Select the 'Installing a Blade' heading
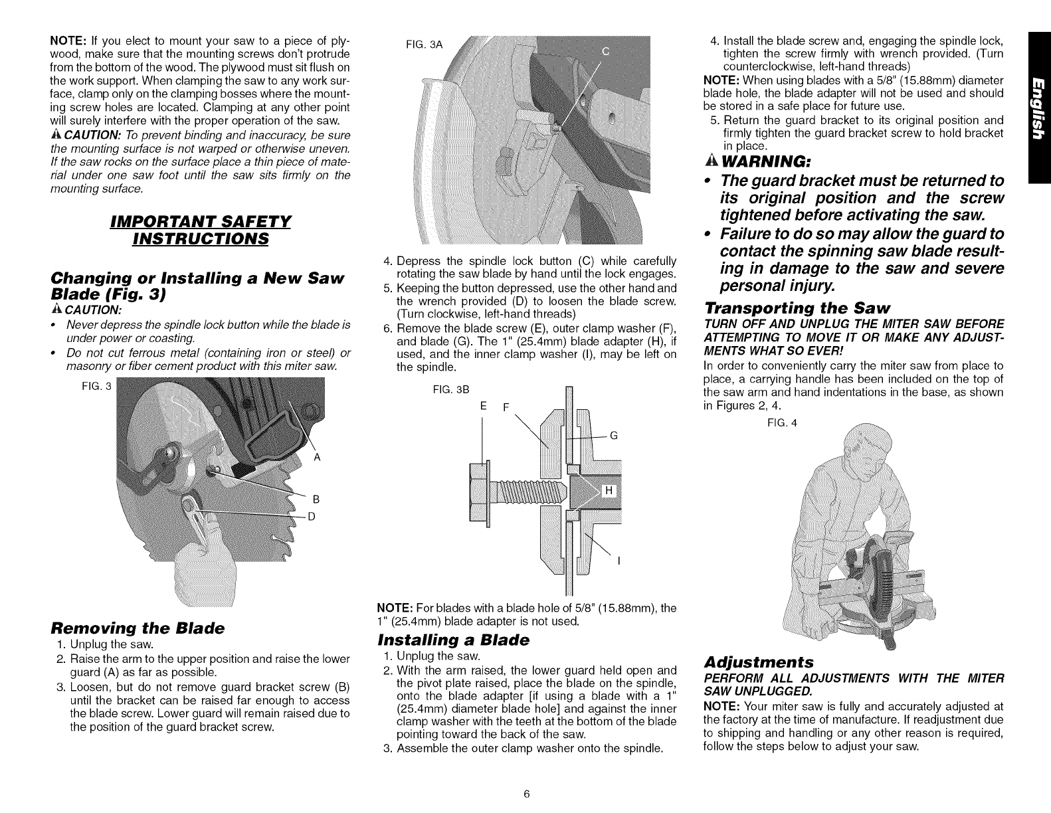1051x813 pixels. [453, 640]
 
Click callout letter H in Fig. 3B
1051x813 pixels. [607, 492]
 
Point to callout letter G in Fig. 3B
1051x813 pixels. [614, 436]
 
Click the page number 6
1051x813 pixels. [525, 794]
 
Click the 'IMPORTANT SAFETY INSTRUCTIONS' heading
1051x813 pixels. [201, 228]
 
